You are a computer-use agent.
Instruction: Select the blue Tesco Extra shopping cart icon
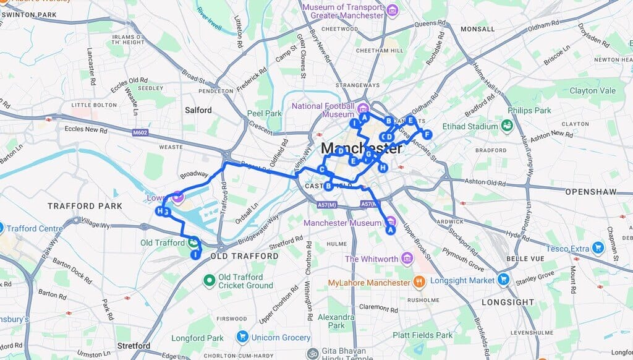click(597, 249)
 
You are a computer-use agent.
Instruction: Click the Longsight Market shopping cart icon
click(504, 280)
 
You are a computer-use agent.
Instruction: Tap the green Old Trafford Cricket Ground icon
click(209, 281)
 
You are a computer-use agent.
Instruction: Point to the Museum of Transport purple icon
click(391, 10)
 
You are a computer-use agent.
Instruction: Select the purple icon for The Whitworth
click(407, 258)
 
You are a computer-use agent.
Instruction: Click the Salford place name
click(198, 110)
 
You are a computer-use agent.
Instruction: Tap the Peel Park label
click(265, 113)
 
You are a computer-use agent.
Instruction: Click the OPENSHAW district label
click(591, 192)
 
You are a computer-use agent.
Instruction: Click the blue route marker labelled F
click(427, 134)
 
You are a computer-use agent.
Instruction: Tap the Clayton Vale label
click(592, 90)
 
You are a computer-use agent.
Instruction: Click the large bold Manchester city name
click(362, 148)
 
